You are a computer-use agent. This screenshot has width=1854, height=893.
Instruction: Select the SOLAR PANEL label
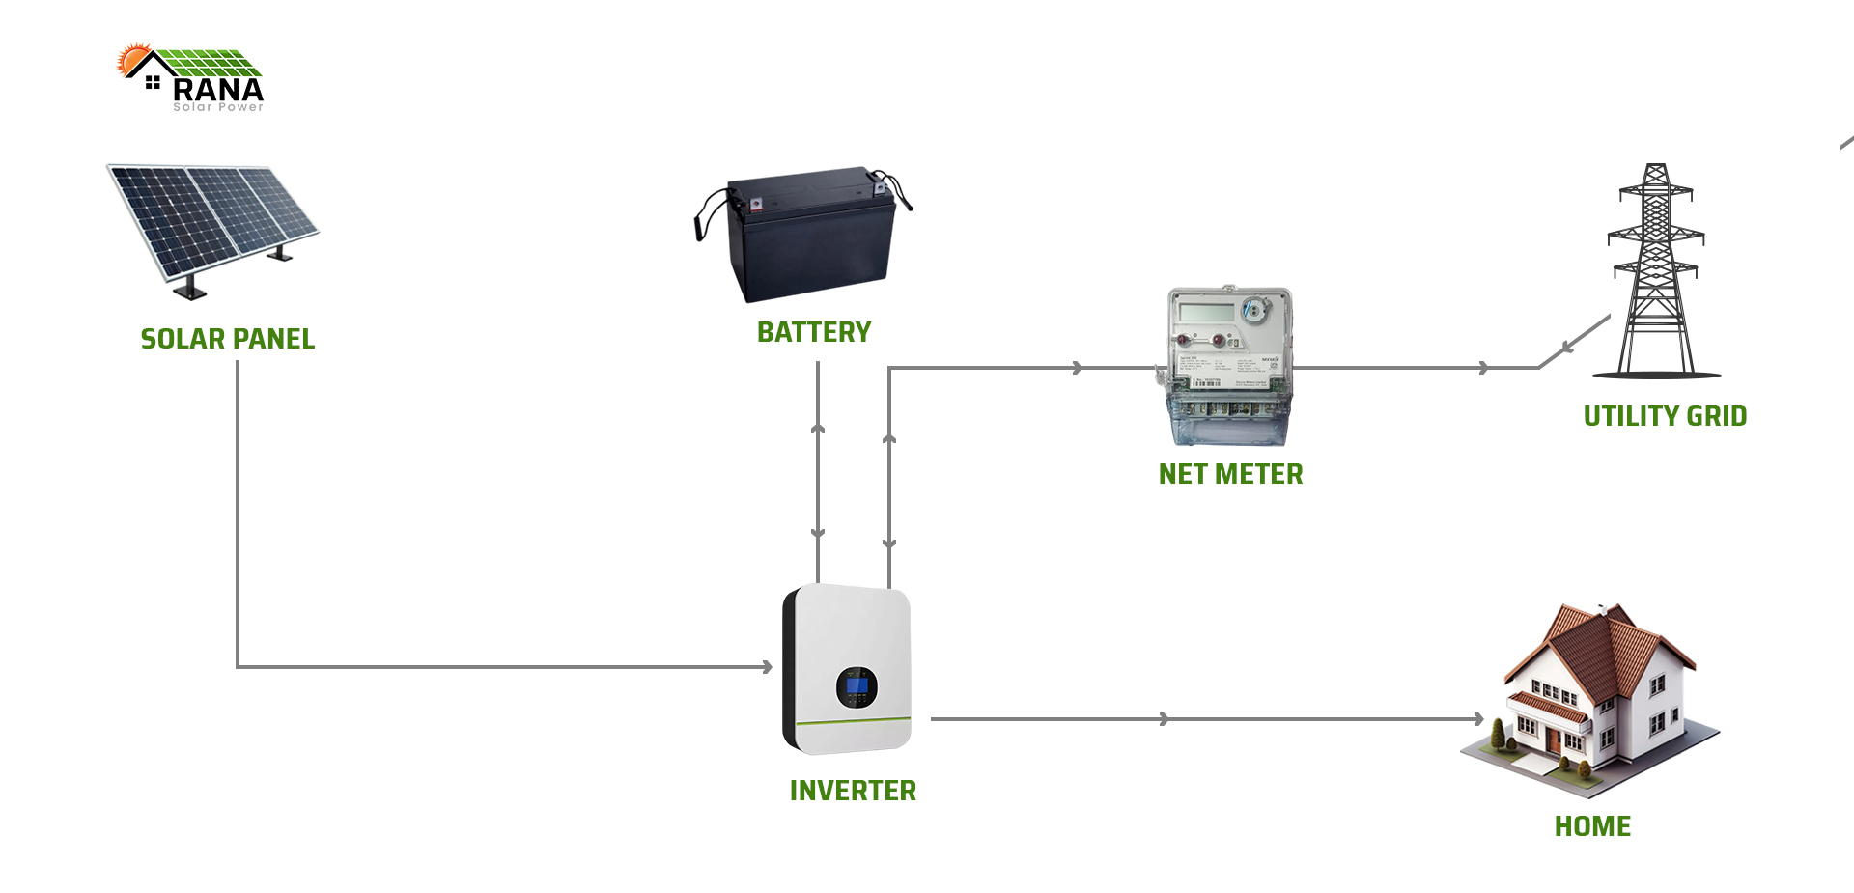coord(228,339)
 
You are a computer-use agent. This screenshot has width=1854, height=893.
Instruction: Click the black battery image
coord(806,235)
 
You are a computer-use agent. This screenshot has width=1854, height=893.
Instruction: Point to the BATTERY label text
coord(814,332)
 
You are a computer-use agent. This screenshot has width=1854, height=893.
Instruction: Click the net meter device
coord(1228,365)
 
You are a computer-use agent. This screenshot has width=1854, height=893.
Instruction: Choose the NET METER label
coord(1230,474)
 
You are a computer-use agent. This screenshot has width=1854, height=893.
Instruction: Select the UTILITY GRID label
coord(1665,416)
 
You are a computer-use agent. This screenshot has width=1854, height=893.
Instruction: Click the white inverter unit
coord(848,668)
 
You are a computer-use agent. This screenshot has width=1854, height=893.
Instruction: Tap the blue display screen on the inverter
coord(856,687)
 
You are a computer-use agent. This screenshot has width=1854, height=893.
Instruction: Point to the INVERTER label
coord(853,791)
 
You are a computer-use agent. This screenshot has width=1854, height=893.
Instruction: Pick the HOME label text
coord(1592,826)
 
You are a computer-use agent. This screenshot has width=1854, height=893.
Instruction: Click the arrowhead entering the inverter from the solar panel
coord(768,666)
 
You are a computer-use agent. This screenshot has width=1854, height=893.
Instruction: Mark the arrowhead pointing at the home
coord(1478,719)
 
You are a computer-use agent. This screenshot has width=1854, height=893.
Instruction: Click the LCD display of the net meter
coord(1206,313)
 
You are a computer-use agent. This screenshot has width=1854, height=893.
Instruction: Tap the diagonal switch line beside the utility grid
coord(1574,341)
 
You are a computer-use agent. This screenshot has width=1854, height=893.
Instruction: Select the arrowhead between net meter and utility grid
coord(1484,368)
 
